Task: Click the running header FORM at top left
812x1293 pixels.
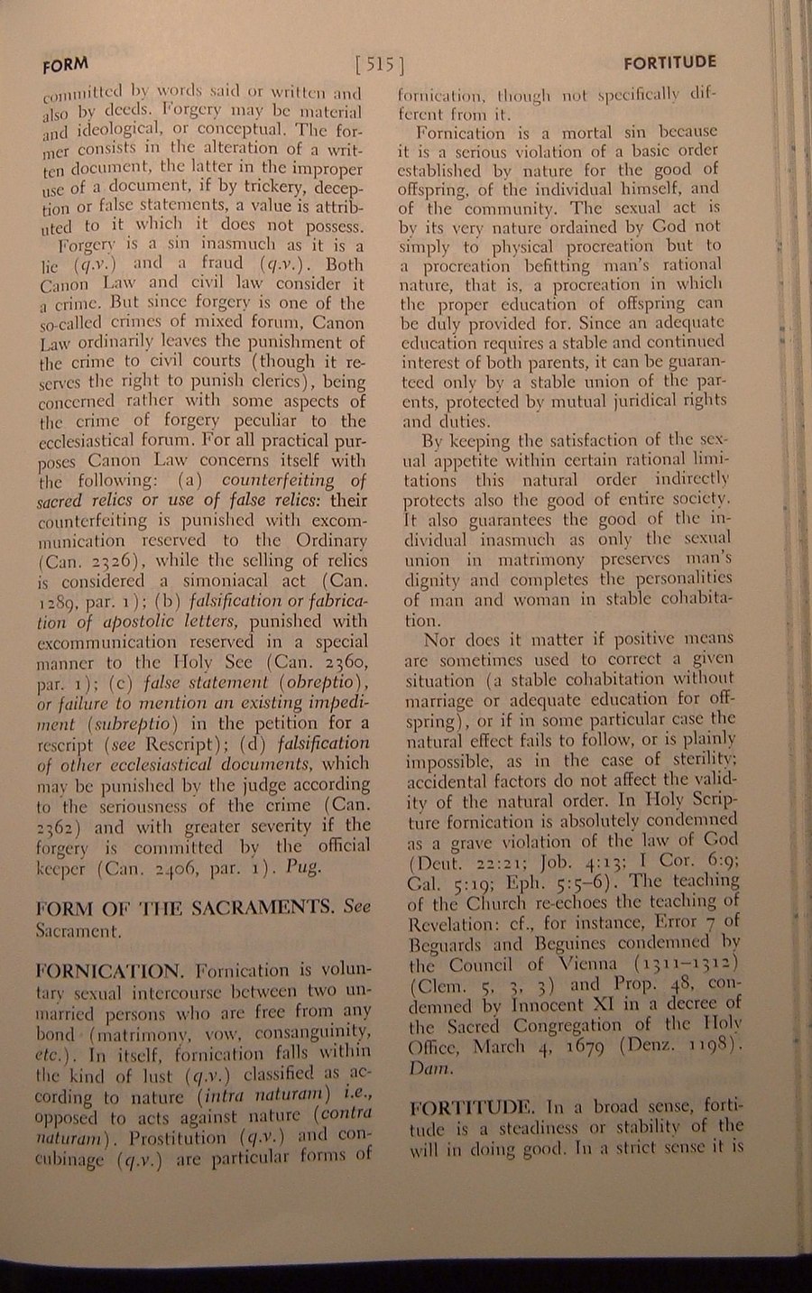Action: click(65, 64)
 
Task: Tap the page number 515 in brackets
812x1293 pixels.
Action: click(379, 64)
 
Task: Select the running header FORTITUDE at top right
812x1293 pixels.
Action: click(669, 62)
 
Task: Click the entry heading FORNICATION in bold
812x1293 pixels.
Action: click(109, 971)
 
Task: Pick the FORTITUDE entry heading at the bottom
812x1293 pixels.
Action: click(474, 1107)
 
